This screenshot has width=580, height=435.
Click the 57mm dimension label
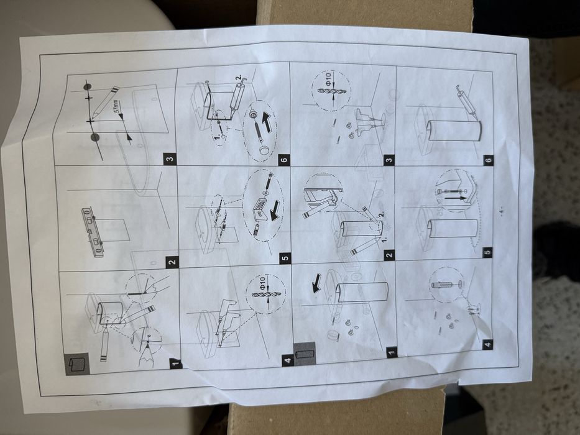pos(116,106)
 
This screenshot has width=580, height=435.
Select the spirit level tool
pos(93,232)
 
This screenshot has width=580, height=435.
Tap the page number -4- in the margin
pos(501,211)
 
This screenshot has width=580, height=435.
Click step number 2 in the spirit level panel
pos(172,263)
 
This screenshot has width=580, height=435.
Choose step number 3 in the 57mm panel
pos(170,160)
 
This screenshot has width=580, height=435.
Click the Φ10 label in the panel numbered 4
pos(262,283)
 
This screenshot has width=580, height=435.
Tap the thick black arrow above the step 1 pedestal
pos(316,283)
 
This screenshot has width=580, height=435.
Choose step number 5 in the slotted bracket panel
pos(285,258)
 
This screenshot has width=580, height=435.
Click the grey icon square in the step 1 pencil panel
pos(77,364)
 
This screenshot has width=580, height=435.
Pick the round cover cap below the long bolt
pos(264,151)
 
